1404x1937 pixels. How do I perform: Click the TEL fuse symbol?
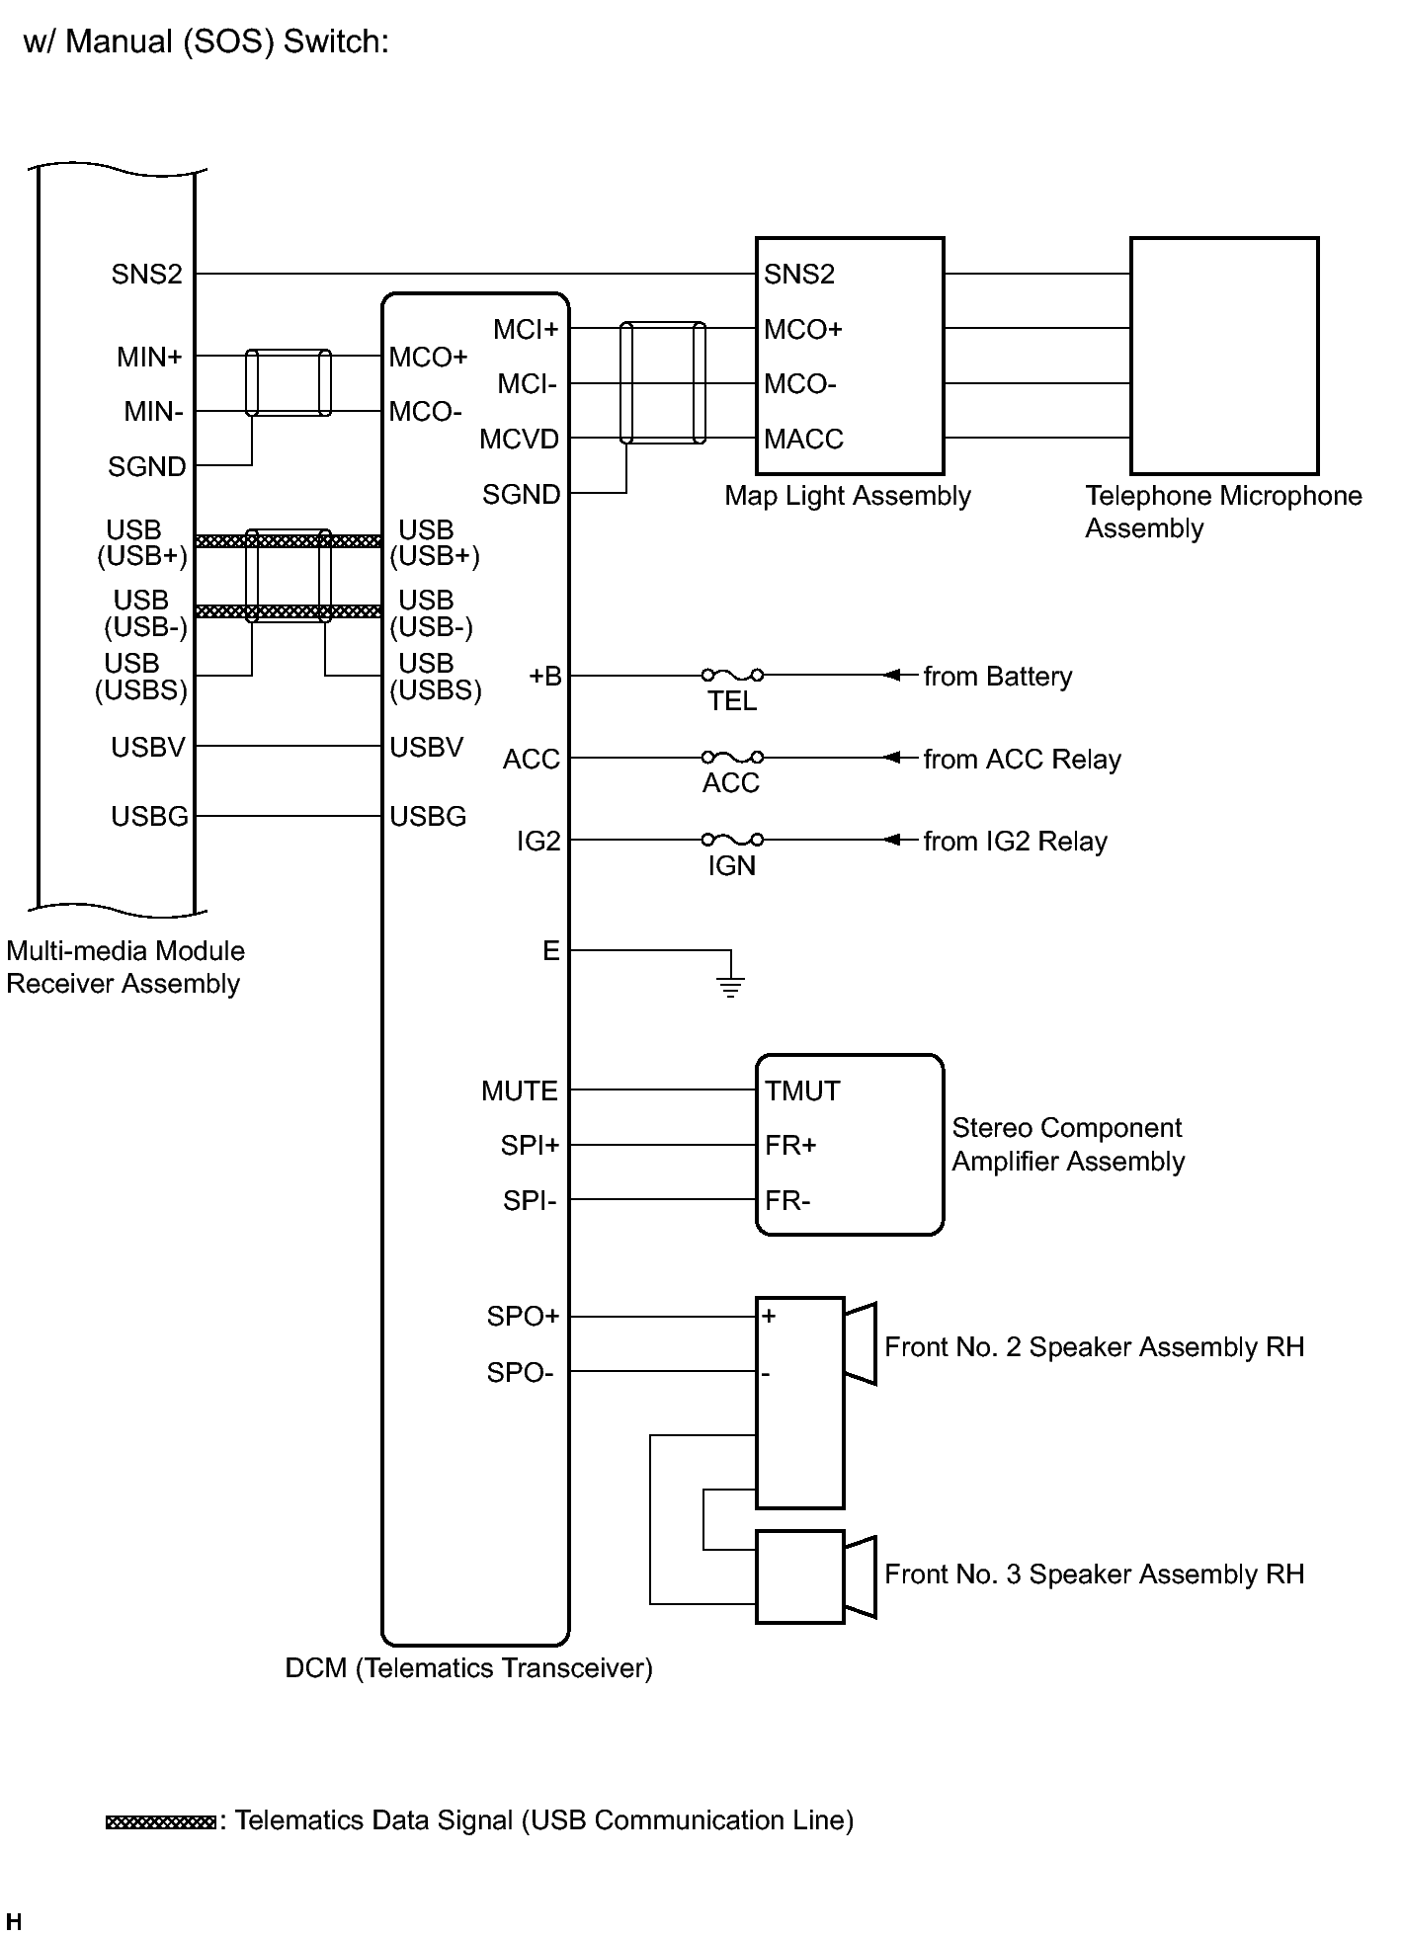pyautogui.click(x=731, y=676)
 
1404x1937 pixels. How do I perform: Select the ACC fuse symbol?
pyautogui.click(x=731, y=758)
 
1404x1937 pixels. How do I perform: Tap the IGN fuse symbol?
pyautogui.click(x=731, y=840)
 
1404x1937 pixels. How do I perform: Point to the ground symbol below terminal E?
pyautogui.click(x=730, y=984)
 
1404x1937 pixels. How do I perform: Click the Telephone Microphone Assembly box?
pyautogui.click(x=1223, y=356)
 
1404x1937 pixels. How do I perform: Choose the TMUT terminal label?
pyautogui.click(x=801, y=1090)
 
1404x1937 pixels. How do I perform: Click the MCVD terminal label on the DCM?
pyautogui.click(x=519, y=439)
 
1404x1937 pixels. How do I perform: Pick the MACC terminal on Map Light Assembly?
pyautogui.click(x=803, y=439)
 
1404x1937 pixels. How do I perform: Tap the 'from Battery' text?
pyautogui.click(x=997, y=677)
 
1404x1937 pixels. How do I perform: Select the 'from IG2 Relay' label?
pyautogui.click(x=1015, y=842)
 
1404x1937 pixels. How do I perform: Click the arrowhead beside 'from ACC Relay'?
pyautogui.click(x=892, y=758)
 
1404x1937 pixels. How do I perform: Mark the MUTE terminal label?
pyautogui.click(x=519, y=1090)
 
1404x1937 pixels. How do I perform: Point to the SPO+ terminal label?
pyautogui.click(x=523, y=1316)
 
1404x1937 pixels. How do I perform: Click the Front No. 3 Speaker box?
pyautogui.click(x=799, y=1576)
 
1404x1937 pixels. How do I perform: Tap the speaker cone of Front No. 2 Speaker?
pyautogui.click(x=861, y=1343)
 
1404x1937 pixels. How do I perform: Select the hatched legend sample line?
pyautogui.click(x=160, y=1821)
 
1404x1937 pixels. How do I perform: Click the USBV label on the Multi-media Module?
pyautogui.click(x=148, y=747)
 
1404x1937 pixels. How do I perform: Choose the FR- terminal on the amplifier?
pyautogui.click(x=787, y=1201)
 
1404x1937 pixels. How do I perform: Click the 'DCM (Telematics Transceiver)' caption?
pyautogui.click(x=468, y=1668)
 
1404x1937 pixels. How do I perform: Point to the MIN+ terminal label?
pyautogui.click(x=149, y=357)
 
